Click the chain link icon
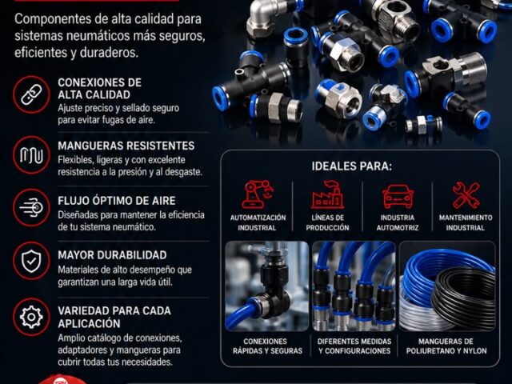click(x=31, y=94)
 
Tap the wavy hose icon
click(x=31, y=155)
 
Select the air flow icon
click(x=31, y=208)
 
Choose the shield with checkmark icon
click(x=31, y=261)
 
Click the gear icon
click(x=31, y=317)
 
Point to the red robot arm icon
click(x=258, y=194)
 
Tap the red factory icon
click(x=327, y=194)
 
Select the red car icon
click(x=398, y=196)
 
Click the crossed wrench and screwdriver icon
click(x=466, y=195)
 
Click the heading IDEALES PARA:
click(x=352, y=166)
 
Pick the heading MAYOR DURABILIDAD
click(x=112, y=255)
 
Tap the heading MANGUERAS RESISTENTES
click(x=126, y=146)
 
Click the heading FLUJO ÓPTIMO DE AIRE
click(x=117, y=201)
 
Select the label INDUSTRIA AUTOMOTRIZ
click(x=398, y=222)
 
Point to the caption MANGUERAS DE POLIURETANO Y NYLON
click(x=446, y=346)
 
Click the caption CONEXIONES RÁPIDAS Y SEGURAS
click(x=267, y=346)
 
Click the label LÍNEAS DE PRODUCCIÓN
click(x=327, y=222)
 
